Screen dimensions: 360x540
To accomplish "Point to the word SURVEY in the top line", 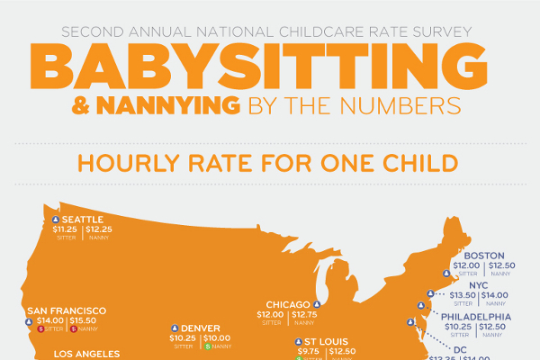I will (443, 31).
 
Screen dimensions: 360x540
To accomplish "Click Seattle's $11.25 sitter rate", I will (66, 229).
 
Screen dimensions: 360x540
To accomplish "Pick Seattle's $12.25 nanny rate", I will (100, 229).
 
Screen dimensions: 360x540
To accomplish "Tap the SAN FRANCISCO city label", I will (67, 310).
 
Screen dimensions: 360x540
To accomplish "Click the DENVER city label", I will (201, 328).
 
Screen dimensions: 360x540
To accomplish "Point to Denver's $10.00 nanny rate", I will (217, 337).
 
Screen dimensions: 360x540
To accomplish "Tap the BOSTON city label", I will (483, 255).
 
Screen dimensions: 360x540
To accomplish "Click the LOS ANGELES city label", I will (85, 354).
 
